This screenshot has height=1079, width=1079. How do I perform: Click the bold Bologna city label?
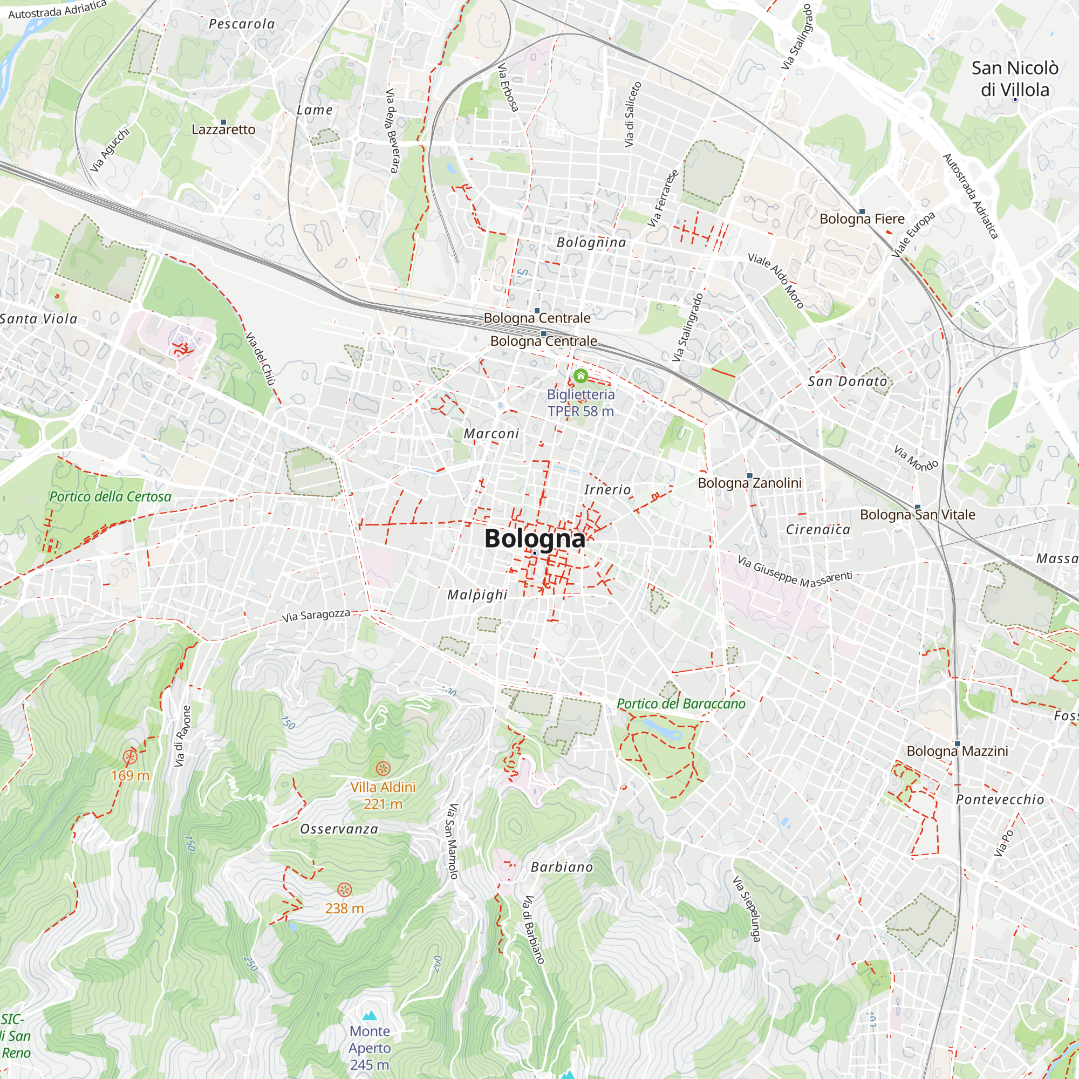(x=535, y=538)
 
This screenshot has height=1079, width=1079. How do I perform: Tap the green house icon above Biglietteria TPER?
(x=581, y=376)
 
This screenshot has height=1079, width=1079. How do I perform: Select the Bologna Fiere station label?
(x=862, y=219)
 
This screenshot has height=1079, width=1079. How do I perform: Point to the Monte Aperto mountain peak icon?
(x=369, y=1015)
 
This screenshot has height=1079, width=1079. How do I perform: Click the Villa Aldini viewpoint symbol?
(x=383, y=768)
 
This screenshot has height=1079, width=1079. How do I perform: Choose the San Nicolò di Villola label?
(x=1015, y=79)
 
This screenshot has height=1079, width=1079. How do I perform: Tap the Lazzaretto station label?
(x=223, y=129)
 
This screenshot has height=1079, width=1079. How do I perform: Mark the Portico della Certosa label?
(x=110, y=496)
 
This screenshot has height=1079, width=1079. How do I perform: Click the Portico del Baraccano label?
(x=681, y=704)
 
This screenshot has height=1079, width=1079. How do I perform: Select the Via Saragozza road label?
(x=316, y=616)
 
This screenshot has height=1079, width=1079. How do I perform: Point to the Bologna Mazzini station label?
(x=957, y=751)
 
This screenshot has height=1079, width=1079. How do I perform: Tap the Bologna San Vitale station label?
(x=918, y=514)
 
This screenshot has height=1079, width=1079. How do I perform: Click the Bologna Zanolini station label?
(x=749, y=482)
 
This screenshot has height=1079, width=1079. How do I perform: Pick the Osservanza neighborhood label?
(x=339, y=829)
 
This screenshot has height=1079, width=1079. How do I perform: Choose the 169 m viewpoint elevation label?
(x=130, y=775)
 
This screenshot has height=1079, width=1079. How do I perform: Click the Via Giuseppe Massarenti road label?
(x=795, y=572)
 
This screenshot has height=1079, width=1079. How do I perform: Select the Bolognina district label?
(x=591, y=242)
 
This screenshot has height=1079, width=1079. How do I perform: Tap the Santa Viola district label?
(x=38, y=319)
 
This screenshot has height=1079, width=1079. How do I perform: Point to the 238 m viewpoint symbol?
(x=345, y=890)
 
